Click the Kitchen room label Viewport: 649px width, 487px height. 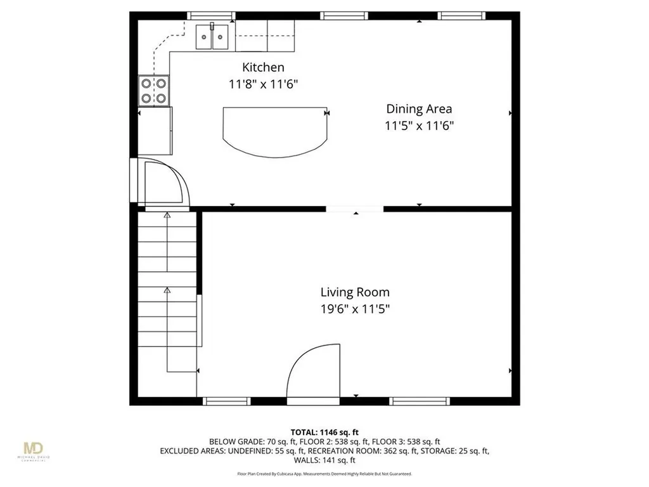click(263, 67)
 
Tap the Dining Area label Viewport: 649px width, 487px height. click(419, 109)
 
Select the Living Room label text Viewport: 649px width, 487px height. click(355, 292)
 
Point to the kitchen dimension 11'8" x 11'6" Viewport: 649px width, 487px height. click(263, 83)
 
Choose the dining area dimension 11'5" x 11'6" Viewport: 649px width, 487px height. click(419, 126)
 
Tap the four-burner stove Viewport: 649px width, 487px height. click(155, 90)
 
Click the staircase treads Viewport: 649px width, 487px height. click(167, 279)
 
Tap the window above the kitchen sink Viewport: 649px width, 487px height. click(211, 15)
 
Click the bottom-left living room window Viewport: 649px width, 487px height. click(226, 401)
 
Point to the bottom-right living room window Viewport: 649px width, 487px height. click(420, 401)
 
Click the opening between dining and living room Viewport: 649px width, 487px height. click(355, 208)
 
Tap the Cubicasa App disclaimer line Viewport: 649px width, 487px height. click(324, 474)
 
